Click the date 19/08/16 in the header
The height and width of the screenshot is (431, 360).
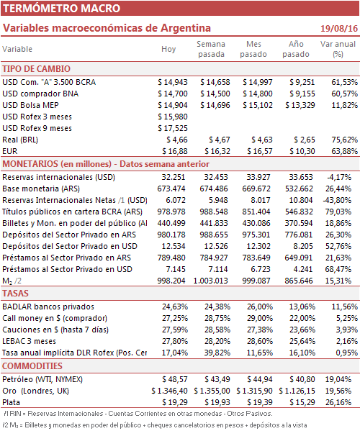(339, 28)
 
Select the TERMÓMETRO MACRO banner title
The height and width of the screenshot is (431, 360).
(62, 8)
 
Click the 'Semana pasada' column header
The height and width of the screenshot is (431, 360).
(211, 49)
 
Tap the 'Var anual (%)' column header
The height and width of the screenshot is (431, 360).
(338, 49)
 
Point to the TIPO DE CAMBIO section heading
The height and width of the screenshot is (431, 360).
(36, 69)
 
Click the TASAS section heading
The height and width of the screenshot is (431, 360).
(15, 294)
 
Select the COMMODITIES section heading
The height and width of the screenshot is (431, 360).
(32, 366)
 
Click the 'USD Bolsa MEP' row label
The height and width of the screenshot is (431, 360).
(30, 105)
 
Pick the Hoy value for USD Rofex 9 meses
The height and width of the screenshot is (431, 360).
(173, 128)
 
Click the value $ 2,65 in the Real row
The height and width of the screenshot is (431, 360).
(305, 140)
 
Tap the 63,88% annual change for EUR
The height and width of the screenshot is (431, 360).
(345, 151)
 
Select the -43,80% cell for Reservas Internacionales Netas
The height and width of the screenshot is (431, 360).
(338, 200)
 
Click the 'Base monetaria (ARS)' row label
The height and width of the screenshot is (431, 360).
(41, 189)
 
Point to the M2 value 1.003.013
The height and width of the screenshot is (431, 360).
(211, 281)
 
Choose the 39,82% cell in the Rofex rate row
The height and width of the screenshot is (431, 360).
(217, 353)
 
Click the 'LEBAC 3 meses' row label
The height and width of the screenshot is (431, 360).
(29, 341)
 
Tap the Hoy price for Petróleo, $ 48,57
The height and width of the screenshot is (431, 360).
(175, 379)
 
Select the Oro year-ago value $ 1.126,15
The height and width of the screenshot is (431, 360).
(297, 391)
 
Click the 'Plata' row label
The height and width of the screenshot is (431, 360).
(11, 402)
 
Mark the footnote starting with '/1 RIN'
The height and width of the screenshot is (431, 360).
(138, 414)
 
